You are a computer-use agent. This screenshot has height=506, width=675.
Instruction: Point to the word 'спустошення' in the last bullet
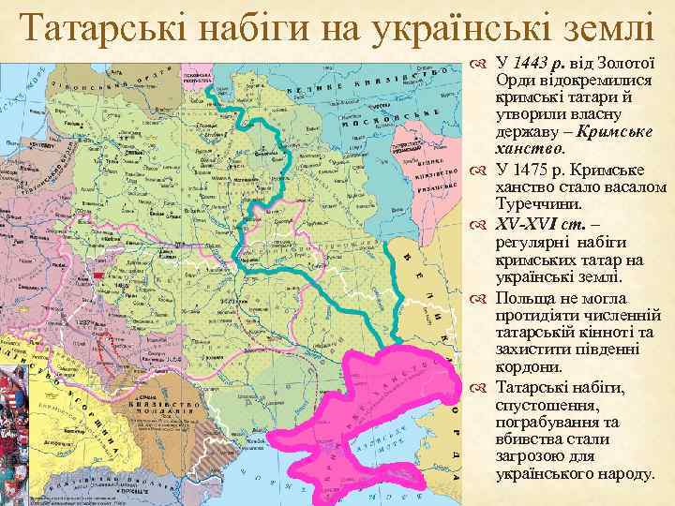[x=543, y=405]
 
